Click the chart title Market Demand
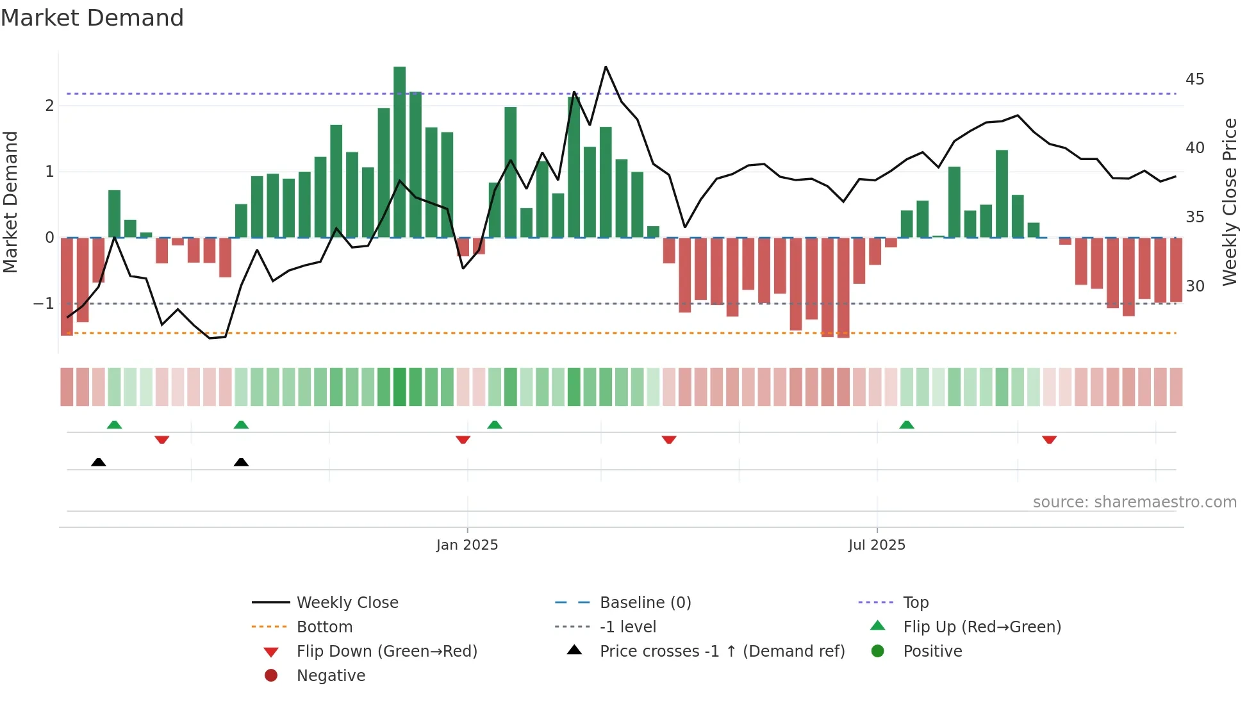click(92, 18)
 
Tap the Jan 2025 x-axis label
click(467, 545)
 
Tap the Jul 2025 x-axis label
click(876, 545)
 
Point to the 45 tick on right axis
click(1194, 79)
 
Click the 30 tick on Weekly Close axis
click(1194, 286)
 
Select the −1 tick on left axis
click(44, 303)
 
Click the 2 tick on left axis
click(49, 106)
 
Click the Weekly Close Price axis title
click(1229, 202)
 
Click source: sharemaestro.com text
click(1134, 502)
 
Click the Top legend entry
click(915, 602)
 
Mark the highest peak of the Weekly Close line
click(606, 67)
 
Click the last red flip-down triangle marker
click(1049, 439)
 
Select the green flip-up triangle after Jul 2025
click(906, 425)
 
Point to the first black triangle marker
click(98, 462)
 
